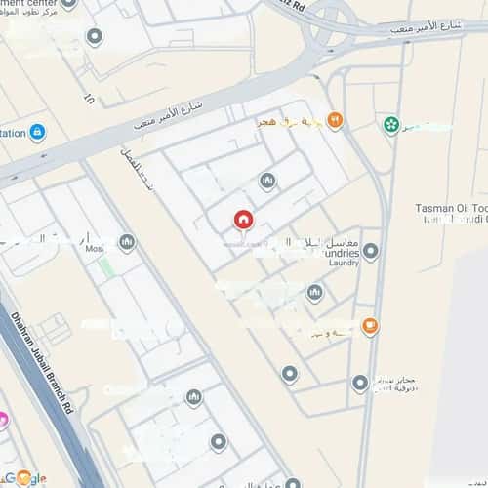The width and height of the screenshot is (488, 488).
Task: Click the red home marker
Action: coord(243,221)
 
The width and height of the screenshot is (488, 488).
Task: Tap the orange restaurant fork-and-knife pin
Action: coord(335,120)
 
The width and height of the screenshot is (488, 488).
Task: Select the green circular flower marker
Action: coord(391,125)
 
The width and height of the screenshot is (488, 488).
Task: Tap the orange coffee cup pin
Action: coord(370,326)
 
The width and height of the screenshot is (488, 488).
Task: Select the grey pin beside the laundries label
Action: coord(370,252)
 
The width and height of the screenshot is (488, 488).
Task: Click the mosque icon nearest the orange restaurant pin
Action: coord(267,181)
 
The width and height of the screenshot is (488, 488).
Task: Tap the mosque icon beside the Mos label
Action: coord(126,242)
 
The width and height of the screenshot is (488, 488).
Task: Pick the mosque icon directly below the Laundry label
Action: coord(314,292)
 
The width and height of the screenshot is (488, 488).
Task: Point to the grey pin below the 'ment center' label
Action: coord(95,37)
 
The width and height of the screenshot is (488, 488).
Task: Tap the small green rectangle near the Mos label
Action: coord(104,264)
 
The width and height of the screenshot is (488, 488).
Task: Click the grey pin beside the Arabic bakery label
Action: coord(360,384)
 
